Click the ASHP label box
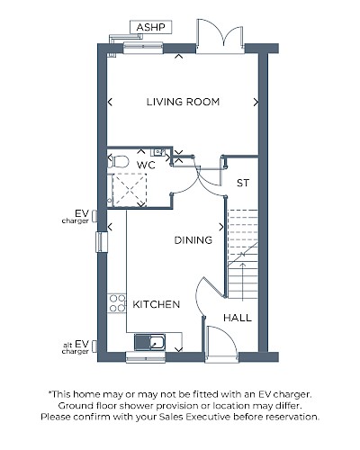point(151,27)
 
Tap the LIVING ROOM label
point(183,102)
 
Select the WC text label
point(146,165)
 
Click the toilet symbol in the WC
point(118,162)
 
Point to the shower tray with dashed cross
point(130,190)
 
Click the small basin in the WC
point(158,152)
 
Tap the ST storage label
point(243,183)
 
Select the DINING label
point(193,240)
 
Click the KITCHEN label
point(157,304)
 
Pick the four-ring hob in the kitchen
point(117,303)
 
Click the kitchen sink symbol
point(149,342)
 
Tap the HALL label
point(238,318)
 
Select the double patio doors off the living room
point(220,36)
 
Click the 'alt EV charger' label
point(76,347)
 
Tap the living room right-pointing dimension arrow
point(256,103)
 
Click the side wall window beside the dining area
point(102,242)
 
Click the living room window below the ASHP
point(143,48)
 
